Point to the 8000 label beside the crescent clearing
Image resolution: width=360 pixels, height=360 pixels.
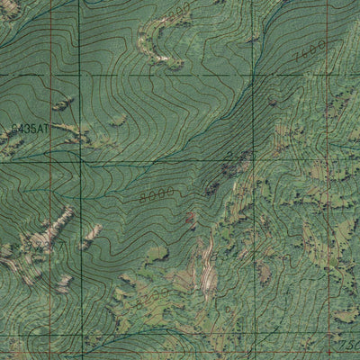tap(180, 12)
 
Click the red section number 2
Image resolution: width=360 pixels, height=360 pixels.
tap(229, 155)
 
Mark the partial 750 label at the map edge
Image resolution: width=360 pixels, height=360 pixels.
tap(348, 345)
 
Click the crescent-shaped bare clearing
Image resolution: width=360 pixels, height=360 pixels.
tap(153, 40)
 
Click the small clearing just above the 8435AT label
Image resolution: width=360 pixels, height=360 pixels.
tap(63, 105)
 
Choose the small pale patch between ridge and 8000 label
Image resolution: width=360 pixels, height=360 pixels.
tap(91, 237)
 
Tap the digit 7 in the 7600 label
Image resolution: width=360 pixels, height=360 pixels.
tap(295, 59)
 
